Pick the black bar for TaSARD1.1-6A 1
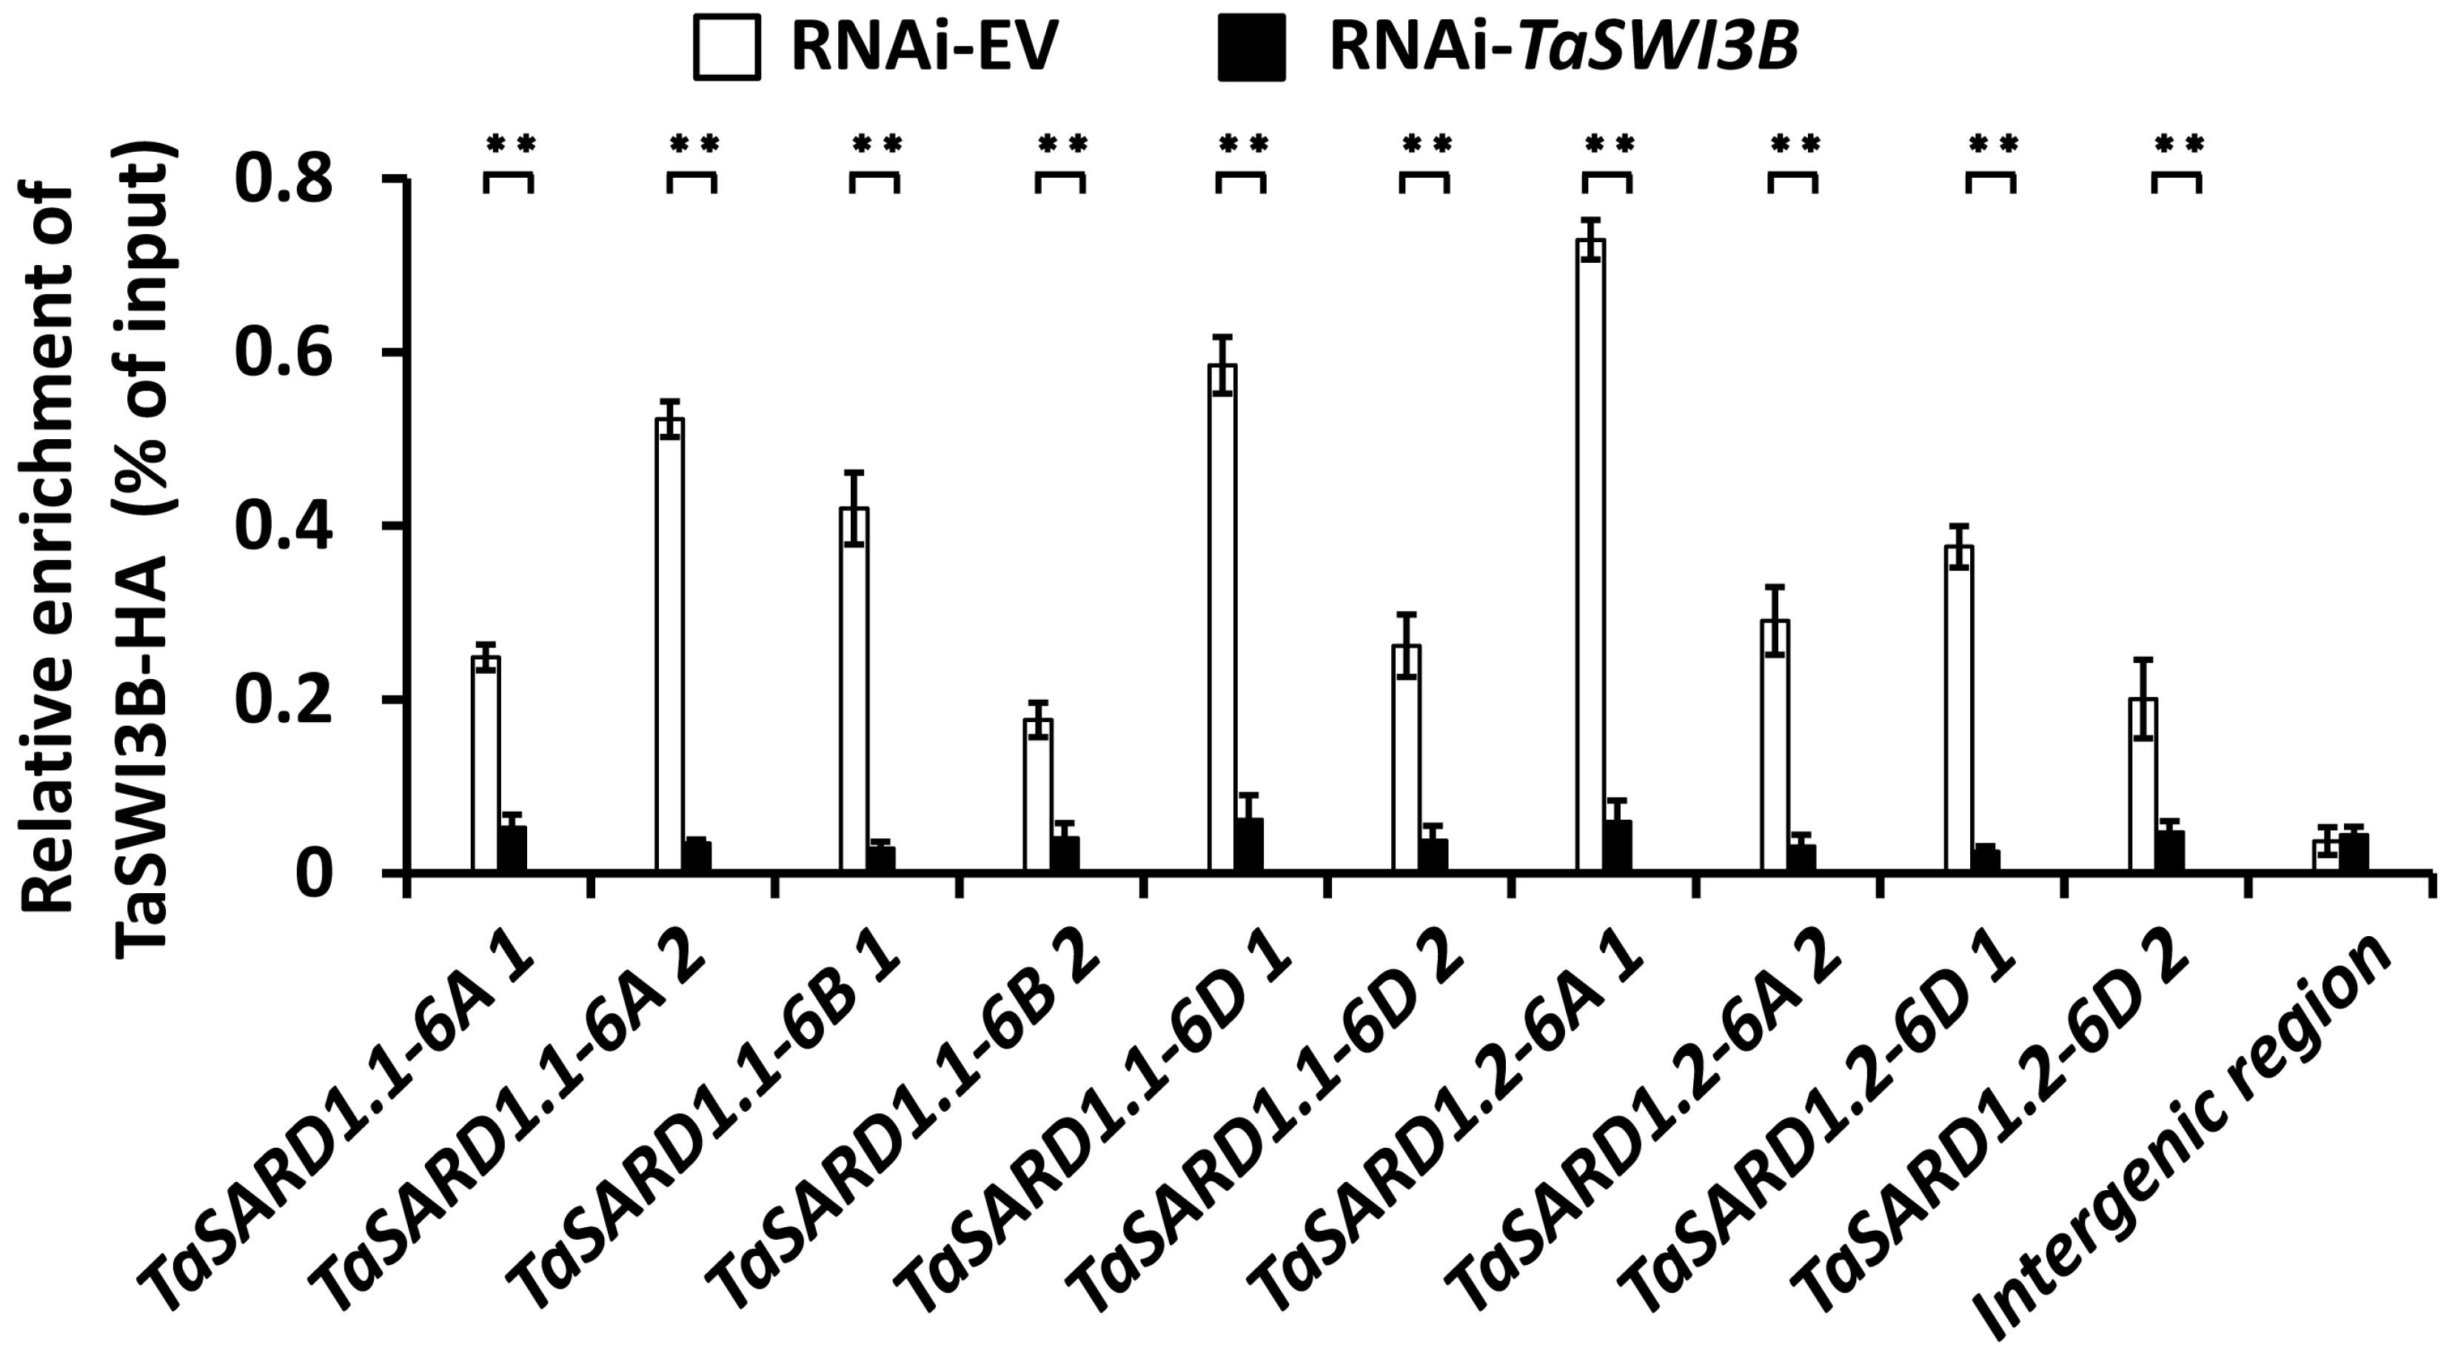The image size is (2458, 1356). pyautogui.click(x=513, y=849)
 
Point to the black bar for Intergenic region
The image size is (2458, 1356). pyautogui.click(x=2355, y=853)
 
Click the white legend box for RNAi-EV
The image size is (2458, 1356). pyautogui.click(x=727, y=47)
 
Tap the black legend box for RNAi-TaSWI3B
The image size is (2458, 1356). pyautogui.click(x=1251, y=47)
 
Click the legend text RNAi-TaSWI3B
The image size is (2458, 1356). pyautogui.click(x=1565, y=47)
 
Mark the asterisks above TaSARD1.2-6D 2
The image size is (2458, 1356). pyautogui.click(x=2178, y=145)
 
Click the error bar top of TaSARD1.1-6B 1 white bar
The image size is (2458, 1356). pyautogui.click(x=854, y=472)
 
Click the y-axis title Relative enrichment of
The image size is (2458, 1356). pyautogui.click(x=47, y=549)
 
